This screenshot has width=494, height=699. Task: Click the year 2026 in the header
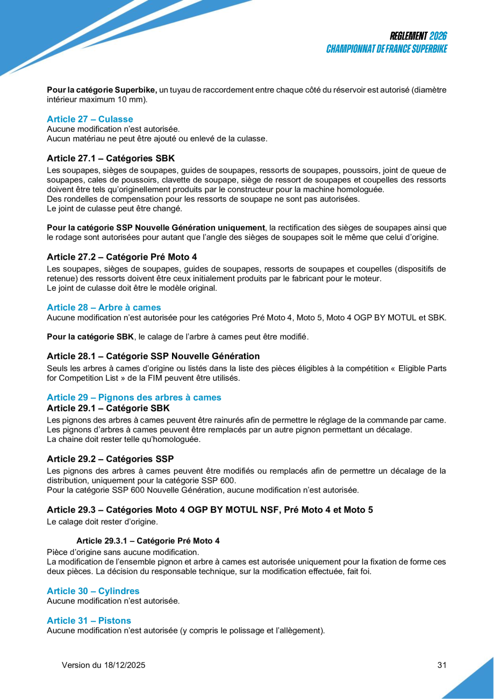click(x=438, y=36)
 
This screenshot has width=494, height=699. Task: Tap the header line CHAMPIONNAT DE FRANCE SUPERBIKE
click(x=387, y=49)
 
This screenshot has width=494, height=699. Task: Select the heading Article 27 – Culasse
click(x=90, y=119)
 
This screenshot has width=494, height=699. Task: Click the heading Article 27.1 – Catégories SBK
click(x=111, y=159)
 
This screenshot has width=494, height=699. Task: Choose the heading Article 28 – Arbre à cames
click(x=104, y=308)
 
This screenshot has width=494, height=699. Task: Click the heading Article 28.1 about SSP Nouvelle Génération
click(x=153, y=356)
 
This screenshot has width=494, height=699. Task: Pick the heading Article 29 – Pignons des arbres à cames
click(x=134, y=397)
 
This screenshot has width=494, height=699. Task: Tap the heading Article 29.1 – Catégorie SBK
click(x=108, y=408)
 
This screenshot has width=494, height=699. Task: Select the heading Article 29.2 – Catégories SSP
click(x=110, y=459)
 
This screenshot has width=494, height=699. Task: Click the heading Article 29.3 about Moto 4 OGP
click(x=210, y=510)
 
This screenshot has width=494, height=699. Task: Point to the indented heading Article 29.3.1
click(x=148, y=540)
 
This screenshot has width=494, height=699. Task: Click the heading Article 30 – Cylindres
click(x=93, y=591)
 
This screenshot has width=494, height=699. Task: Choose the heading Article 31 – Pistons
click(x=89, y=621)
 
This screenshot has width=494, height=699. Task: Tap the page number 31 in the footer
click(x=442, y=665)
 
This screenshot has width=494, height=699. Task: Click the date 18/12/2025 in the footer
click(x=124, y=665)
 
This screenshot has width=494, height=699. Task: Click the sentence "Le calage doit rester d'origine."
click(x=102, y=522)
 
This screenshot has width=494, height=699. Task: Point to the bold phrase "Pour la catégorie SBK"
click(x=90, y=337)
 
